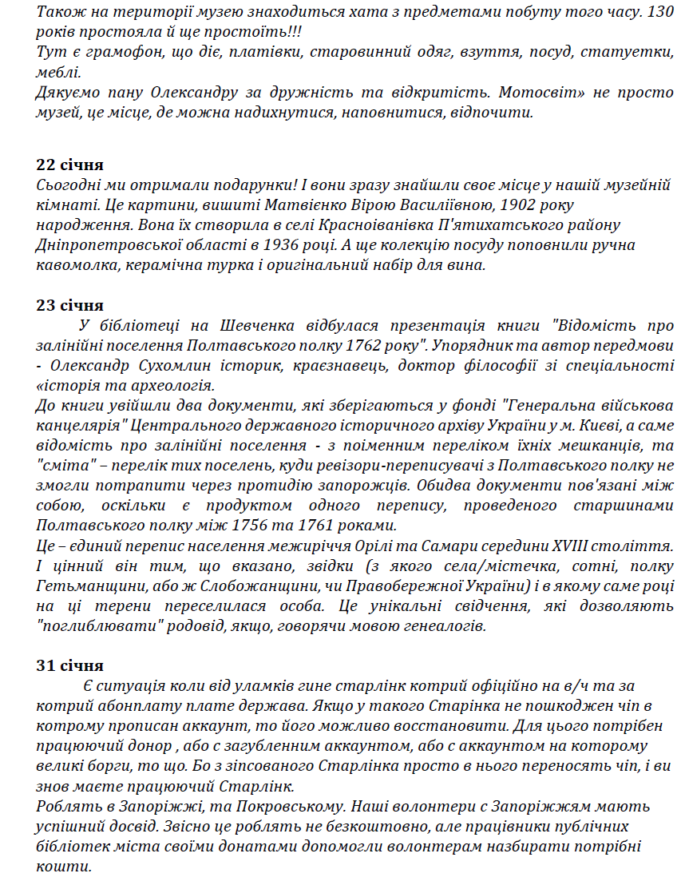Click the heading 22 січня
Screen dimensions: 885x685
(69, 165)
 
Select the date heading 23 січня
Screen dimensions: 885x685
(69, 305)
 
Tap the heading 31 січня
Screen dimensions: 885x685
(69, 665)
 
